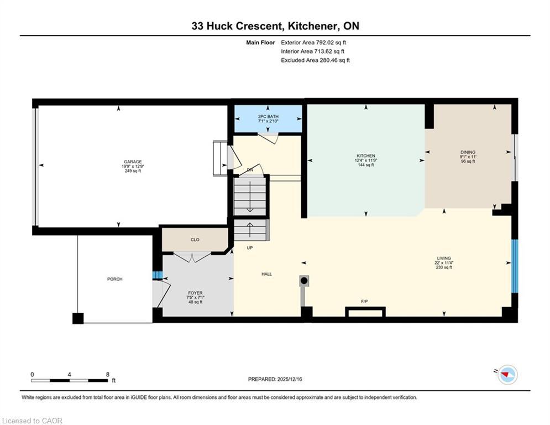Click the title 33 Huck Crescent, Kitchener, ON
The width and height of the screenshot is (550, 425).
pyautogui.click(x=275, y=26)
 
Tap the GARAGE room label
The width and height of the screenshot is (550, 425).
pyautogui.click(x=132, y=162)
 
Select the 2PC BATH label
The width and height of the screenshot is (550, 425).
pyautogui.click(x=268, y=116)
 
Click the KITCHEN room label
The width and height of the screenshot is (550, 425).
pyautogui.click(x=366, y=156)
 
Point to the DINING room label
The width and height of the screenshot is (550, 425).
pyautogui.click(x=468, y=152)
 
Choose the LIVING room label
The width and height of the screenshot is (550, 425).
pyautogui.click(x=443, y=258)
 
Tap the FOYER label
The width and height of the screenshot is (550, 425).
pyautogui.click(x=195, y=293)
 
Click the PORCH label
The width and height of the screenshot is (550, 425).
pyautogui.click(x=114, y=279)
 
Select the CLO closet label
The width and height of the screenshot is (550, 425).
pyautogui.click(x=195, y=240)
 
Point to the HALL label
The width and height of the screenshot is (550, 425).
pyautogui.click(x=266, y=274)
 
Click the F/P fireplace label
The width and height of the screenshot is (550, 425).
pyautogui.click(x=364, y=302)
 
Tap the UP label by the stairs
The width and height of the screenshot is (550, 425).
pyautogui.click(x=249, y=247)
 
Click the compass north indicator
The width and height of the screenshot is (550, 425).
pyautogui.click(x=506, y=375)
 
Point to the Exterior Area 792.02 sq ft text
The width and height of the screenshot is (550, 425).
pyautogui.click(x=313, y=42)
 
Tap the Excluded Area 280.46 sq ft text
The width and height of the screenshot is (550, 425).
pyautogui.click(x=315, y=60)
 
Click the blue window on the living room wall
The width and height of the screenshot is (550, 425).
pyautogui.click(x=515, y=266)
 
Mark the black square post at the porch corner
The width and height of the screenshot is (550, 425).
pyautogui.click(x=77, y=318)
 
